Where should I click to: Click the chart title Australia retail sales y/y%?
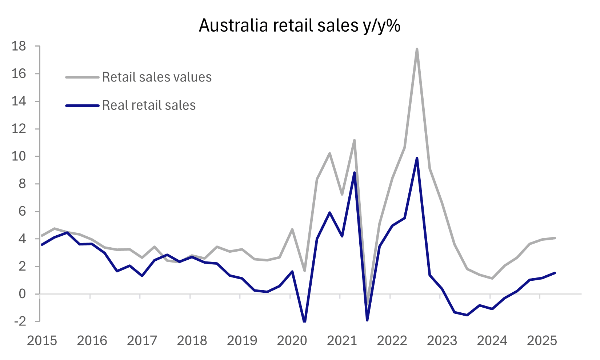pyautogui.click(x=300, y=26)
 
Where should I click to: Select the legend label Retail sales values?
pyautogui.click(x=157, y=77)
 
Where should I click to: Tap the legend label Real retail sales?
pyautogui.click(x=149, y=105)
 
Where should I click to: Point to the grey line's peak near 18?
pyautogui.click(x=417, y=49)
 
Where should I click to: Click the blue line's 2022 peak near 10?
pyautogui.click(x=417, y=158)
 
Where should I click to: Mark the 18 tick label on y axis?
pyautogui.click(x=19, y=46)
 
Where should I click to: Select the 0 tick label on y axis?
pyautogui.click(x=23, y=294)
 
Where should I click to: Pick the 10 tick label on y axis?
pyautogui.click(x=19, y=156)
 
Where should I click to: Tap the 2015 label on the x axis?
pyautogui.click(x=42, y=341)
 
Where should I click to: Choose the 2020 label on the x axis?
pyautogui.click(x=292, y=341)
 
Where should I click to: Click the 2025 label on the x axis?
pyautogui.click(x=542, y=341)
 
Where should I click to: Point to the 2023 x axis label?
pyautogui.click(x=442, y=341)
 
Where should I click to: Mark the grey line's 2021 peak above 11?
pyautogui.click(x=354, y=140)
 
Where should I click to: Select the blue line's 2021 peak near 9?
pyautogui.click(x=354, y=172)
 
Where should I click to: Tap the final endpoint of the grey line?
pyautogui.click(x=555, y=238)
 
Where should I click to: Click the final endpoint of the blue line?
pyautogui.click(x=555, y=273)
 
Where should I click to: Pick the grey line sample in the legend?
pyautogui.click(x=82, y=77)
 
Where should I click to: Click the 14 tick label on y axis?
pyautogui.click(x=19, y=101)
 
